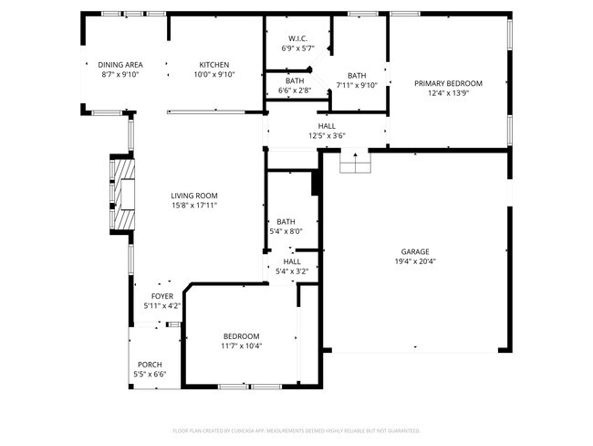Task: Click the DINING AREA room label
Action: (120, 64)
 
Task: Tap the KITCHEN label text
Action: (214, 64)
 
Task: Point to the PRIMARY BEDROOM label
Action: (448, 83)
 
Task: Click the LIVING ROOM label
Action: (193, 195)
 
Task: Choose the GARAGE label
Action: (415, 251)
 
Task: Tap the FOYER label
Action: (161, 296)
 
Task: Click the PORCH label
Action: (150, 365)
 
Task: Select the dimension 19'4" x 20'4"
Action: (415, 261)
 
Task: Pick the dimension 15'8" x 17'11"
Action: (193, 205)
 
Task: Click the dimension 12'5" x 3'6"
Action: (326, 136)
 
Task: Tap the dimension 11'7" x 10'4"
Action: (241, 345)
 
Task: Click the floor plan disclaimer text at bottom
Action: (296, 430)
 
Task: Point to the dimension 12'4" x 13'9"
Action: (448, 93)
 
